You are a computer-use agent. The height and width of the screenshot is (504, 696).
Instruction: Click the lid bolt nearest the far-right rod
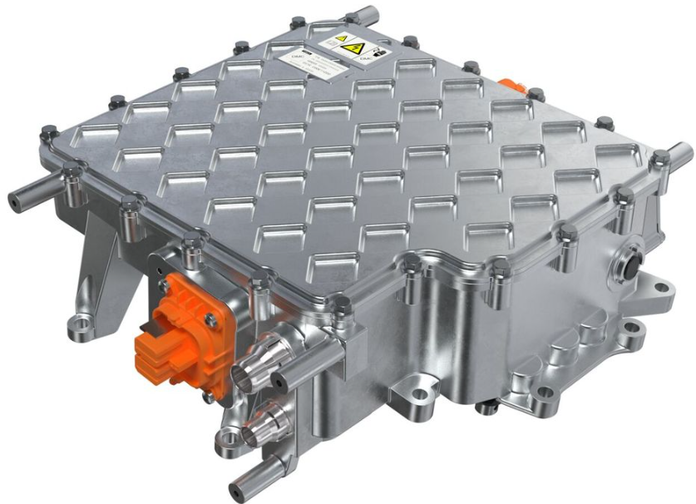pyautogui.click(x=659, y=158)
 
